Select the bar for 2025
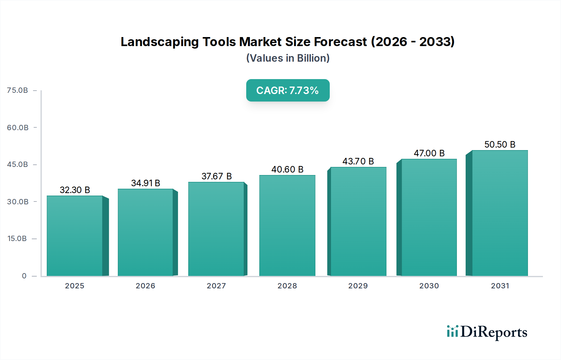(x=75, y=236)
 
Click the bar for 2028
(x=287, y=225)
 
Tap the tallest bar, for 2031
(x=500, y=213)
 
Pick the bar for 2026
(x=146, y=232)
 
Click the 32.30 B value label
(x=75, y=190)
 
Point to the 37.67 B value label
(x=217, y=176)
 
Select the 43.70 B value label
(x=358, y=161)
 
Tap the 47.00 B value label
(x=429, y=153)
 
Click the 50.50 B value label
(x=500, y=144)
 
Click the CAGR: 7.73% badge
(x=288, y=90)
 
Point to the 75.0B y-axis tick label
(x=17, y=90)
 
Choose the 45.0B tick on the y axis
(x=17, y=164)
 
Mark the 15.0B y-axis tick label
(x=17, y=239)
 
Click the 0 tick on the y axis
(x=24, y=276)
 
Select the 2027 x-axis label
(x=216, y=286)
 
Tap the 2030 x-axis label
(x=429, y=286)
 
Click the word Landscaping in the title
(x=160, y=42)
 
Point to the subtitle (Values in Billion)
(x=288, y=58)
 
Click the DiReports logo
(x=487, y=332)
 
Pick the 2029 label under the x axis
(x=358, y=286)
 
